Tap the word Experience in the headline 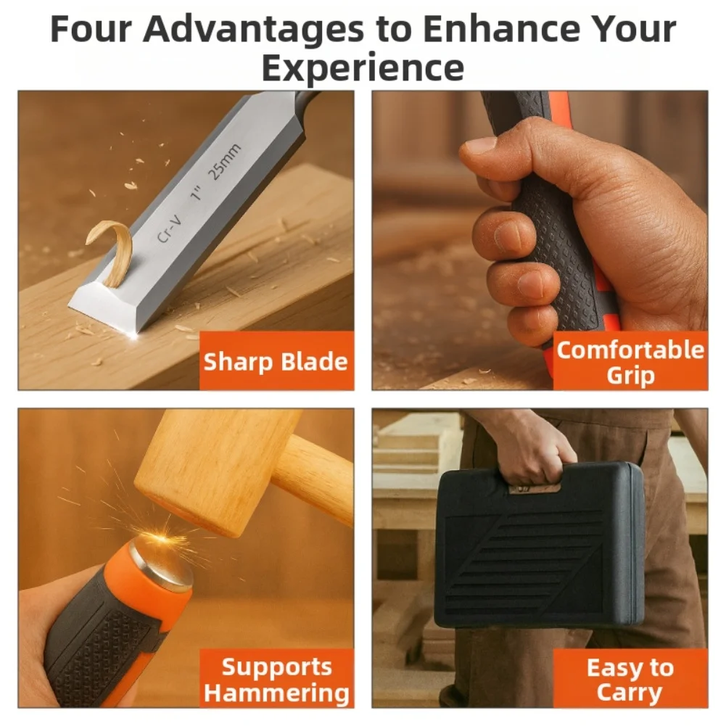pos(363,68)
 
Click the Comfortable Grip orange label pos(630,362)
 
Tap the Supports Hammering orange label pos(276,679)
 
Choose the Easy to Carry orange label pos(630,679)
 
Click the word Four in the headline pos(90,30)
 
